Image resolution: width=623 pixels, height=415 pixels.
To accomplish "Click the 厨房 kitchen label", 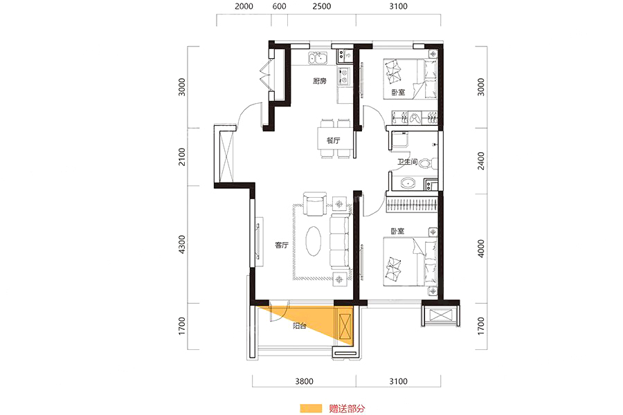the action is [319, 81].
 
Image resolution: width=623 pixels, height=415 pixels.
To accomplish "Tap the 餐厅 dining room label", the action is [334, 140].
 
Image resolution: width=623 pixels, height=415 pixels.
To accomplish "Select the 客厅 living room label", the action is [281, 245].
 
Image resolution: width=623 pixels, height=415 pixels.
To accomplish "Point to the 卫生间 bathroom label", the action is [407, 162].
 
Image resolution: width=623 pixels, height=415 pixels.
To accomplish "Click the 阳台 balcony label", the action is [299, 326].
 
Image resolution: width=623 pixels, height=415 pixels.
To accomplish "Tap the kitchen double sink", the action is [318, 59].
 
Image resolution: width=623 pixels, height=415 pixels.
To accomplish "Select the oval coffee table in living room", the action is [314, 241].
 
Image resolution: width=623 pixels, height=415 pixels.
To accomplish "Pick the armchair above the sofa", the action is [315, 205].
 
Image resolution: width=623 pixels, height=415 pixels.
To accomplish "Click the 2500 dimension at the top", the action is [321, 6].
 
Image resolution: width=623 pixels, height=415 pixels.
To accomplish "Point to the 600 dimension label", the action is [280, 6].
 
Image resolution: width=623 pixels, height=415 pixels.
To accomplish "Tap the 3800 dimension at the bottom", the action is [304, 381].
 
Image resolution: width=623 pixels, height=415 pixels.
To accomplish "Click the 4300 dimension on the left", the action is [181, 244].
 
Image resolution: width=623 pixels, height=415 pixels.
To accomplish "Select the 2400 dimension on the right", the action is [481, 161].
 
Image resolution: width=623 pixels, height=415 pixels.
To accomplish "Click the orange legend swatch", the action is [311, 408].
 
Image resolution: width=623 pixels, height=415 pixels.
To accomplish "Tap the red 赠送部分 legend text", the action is [347, 408].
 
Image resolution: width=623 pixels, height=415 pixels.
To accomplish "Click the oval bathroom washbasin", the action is [408, 183].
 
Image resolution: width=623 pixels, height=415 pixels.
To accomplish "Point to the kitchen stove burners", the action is [343, 76].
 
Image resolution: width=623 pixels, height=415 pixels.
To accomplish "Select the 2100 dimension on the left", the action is [181, 156].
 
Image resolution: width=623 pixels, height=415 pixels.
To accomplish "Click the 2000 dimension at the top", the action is [244, 6].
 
